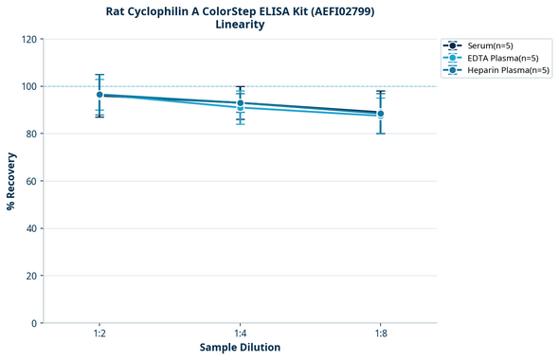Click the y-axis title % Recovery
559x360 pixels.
coord(11,181)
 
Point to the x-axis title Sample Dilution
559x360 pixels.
coord(240,348)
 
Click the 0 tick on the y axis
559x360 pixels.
coord(34,323)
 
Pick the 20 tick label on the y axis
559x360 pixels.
coord(31,276)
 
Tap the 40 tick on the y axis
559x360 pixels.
coord(31,228)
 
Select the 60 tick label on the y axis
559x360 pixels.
coord(31,181)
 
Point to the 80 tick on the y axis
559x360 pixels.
coord(31,134)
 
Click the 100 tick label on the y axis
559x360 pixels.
coord(28,86)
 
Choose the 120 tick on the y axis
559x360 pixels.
coord(28,39)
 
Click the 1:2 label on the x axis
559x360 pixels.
coord(99,333)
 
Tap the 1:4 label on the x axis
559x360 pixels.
coord(240,333)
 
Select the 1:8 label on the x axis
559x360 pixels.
coord(380,333)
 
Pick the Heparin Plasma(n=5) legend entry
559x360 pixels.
coord(503,70)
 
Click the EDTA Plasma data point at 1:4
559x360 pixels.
coord(240,107)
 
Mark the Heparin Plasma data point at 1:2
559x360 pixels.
coord(99,95)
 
